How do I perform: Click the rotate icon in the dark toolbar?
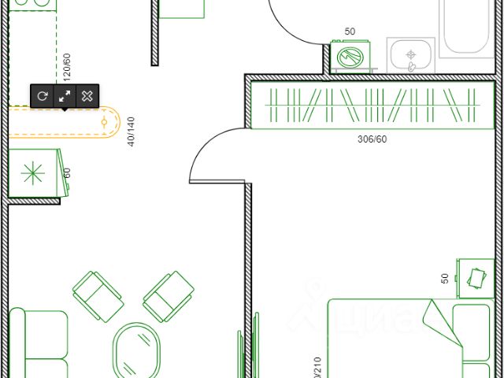point(42,95)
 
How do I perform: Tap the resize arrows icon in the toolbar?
point(65,95)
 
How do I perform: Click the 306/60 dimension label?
point(372,139)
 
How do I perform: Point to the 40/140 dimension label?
point(131,132)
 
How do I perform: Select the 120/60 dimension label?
point(67,67)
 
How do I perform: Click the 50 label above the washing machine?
point(350,32)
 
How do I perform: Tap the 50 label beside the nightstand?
point(445,278)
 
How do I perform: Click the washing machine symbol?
point(349,57)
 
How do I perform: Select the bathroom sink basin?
point(409,55)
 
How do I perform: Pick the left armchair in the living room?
point(98,295)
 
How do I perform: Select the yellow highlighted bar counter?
point(63,122)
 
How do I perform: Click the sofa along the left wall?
point(38,345)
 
